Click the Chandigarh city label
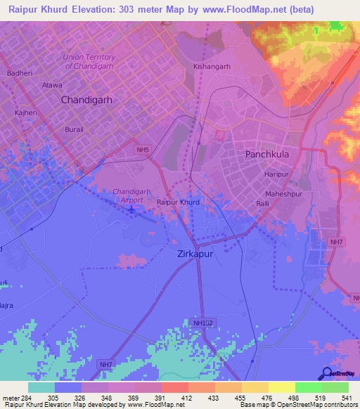point(86,100)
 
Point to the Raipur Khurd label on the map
point(178,202)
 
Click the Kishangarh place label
point(212,67)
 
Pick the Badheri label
point(20,72)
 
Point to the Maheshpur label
point(283,193)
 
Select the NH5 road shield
point(143,150)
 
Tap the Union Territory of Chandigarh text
point(89,62)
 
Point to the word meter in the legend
point(9,397)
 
